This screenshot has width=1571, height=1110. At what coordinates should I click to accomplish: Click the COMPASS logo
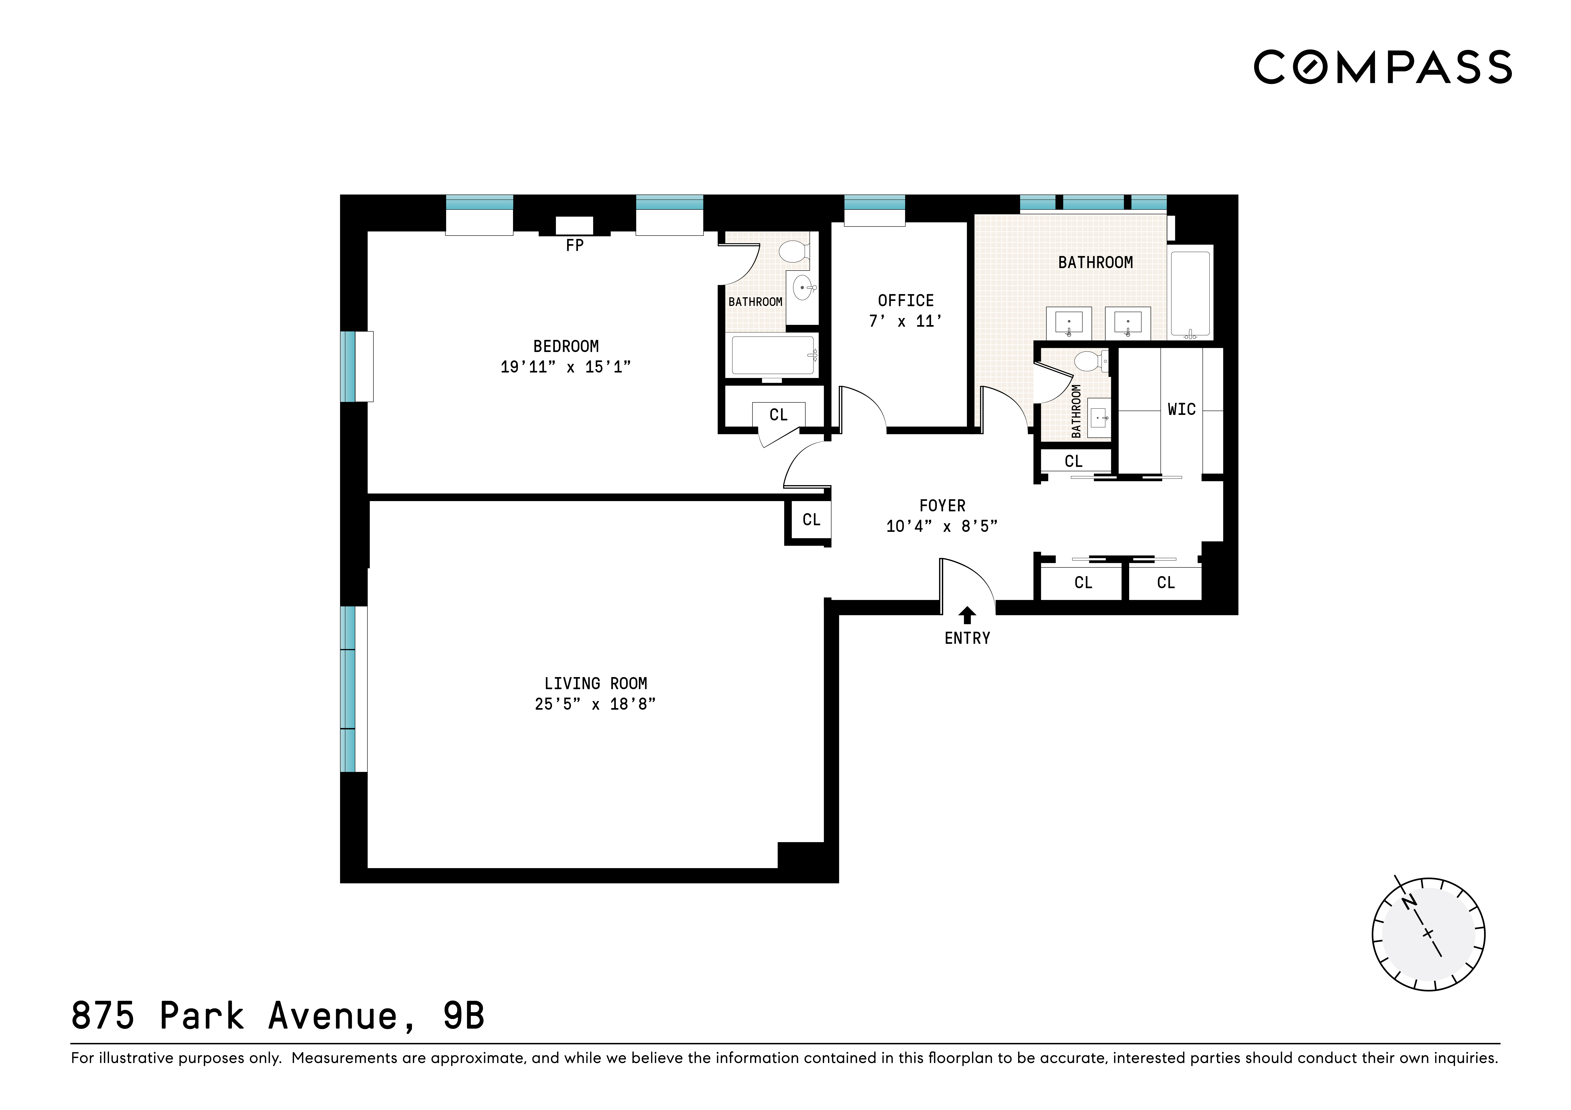point(1382,67)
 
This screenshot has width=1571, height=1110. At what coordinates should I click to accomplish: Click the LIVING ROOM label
point(595,683)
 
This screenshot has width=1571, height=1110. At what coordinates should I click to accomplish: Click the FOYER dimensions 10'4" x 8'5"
point(941,526)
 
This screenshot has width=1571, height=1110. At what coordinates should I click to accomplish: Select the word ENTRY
point(967,638)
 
